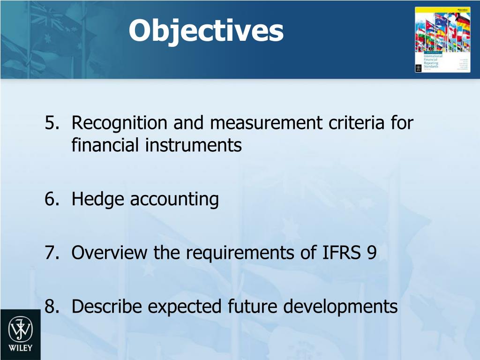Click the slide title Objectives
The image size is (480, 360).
206,30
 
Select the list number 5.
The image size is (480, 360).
51,123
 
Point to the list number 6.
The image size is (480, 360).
51,200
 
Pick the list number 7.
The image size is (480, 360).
51,253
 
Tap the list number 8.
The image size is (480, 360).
51,307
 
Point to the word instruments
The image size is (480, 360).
193,146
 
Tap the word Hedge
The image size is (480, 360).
98,200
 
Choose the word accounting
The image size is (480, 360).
174,200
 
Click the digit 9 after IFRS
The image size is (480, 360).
371,253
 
